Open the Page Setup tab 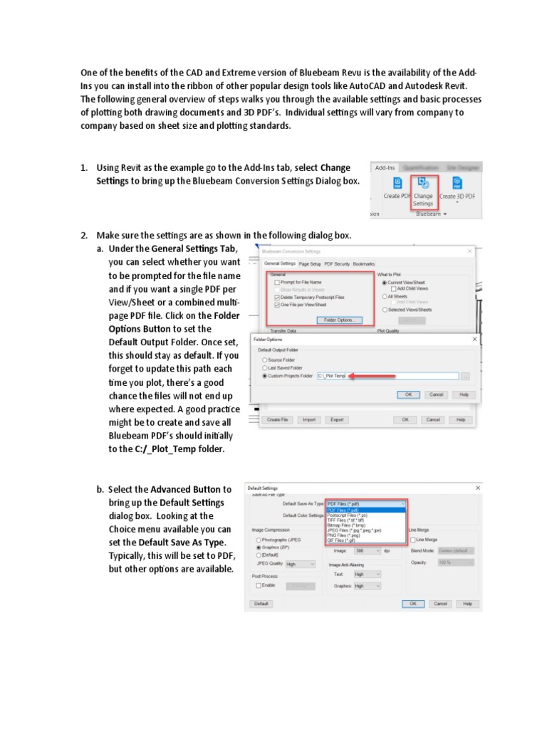pyautogui.click(x=310, y=263)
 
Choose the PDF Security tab pyautogui.click(x=338, y=263)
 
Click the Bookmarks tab pyautogui.click(x=364, y=263)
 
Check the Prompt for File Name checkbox pyautogui.click(x=276, y=283)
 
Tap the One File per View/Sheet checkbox pyautogui.click(x=276, y=304)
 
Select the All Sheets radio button pyautogui.click(x=385, y=296)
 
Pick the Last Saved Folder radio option pyautogui.click(x=265, y=367)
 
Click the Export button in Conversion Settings pyautogui.click(x=337, y=420)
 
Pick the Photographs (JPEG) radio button pyautogui.click(x=258, y=540)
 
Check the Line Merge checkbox pyautogui.click(x=413, y=540)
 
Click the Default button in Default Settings pyautogui.click(x=261, y=604)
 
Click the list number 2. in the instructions pyautogui.click(x=83, y=236)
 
